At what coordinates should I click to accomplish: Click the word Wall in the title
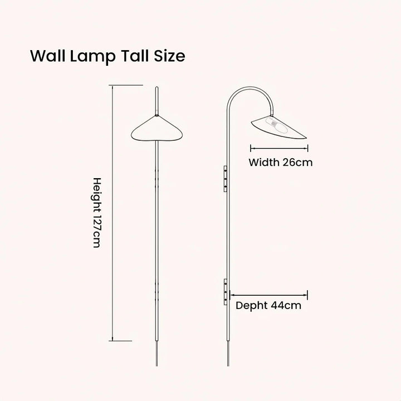47,56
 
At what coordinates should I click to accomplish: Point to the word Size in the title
170,56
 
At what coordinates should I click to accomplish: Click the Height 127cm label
96,213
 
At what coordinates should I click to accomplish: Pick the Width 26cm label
280,163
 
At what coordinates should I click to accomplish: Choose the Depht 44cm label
268,305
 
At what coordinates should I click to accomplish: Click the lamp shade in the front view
158,130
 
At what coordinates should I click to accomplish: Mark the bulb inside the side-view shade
273,124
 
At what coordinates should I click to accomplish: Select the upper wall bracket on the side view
225,178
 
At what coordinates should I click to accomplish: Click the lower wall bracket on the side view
225,291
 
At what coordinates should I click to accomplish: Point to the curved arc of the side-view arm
251,91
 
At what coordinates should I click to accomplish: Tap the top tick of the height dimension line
123,86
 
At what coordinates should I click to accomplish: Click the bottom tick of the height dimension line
123,340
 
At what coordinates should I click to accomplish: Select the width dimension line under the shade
279,148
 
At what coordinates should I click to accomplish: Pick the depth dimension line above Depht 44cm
269,295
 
